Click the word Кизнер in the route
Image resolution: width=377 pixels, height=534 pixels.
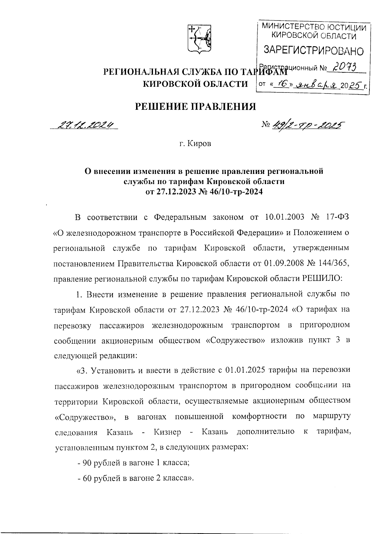[x=168, y=432]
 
